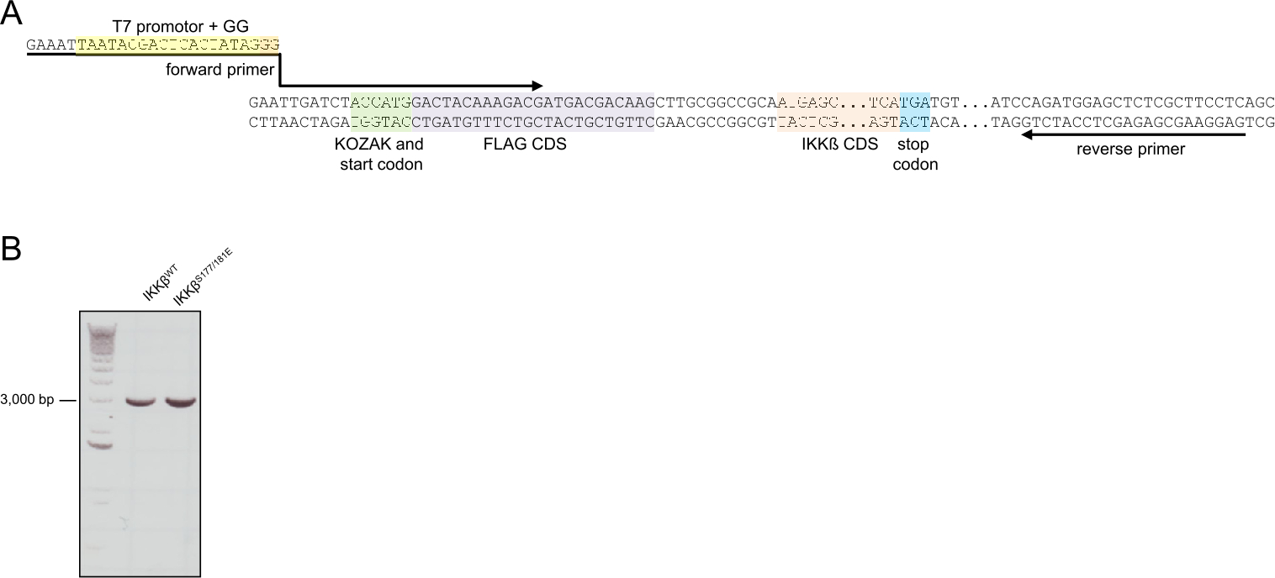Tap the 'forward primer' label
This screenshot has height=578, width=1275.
pos(220,71)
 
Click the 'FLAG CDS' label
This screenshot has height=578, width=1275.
pos(525,144)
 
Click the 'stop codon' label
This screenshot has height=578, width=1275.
pos(915,155)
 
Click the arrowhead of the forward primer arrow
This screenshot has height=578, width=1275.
pos(537,85)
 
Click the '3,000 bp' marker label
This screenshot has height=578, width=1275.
pos(27,400)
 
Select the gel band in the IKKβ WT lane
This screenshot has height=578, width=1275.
pos(141,402)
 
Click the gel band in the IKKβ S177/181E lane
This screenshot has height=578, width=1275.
pos(180,402)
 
